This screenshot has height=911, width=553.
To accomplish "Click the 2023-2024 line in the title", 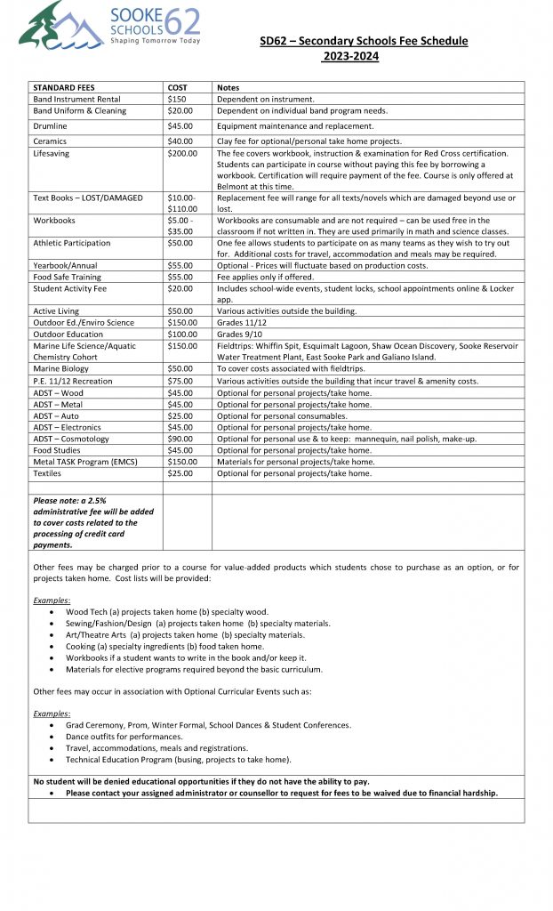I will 351,56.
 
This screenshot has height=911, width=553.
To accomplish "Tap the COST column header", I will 178,87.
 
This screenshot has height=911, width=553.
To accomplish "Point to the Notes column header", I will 228,87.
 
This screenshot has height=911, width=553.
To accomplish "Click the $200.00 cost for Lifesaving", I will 182,153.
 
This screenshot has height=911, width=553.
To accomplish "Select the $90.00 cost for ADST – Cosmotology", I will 180,439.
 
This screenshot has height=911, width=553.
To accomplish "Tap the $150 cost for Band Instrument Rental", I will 176,99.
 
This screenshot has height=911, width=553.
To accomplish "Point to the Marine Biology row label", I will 60,368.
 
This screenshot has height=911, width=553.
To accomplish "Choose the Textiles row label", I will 48,473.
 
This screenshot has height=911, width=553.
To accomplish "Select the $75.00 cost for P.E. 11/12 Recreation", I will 180,381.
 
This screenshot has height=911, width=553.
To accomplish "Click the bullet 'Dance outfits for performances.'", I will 124,737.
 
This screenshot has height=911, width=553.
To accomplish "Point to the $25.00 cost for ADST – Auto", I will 180,415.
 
